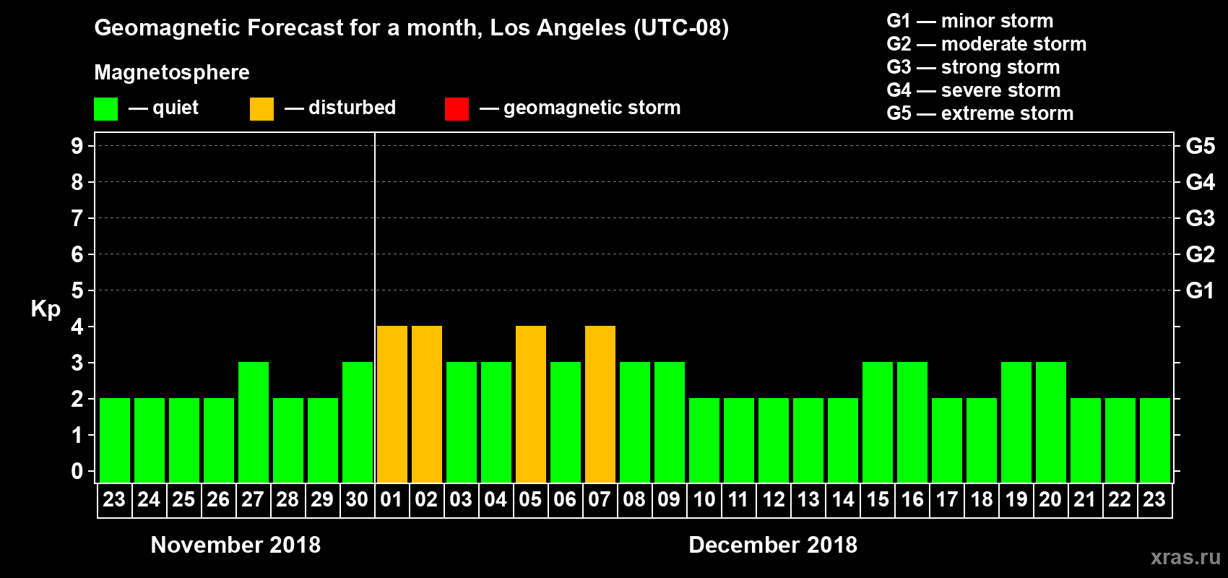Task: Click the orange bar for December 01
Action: pos(392,404)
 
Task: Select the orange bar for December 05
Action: pos(531,404)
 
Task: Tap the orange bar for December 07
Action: pos(600,404)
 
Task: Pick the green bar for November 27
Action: pos(254,422)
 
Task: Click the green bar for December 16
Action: pos(912,422)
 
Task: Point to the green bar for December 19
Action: pos(1016,422)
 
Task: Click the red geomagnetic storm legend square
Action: pos(457,109)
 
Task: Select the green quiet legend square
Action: pos(105,109)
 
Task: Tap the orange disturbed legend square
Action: pos(261,109)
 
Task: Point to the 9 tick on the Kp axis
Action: pos(77,146)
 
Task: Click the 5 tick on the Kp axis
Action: pos(77,290)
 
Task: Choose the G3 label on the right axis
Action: pos(1200,218)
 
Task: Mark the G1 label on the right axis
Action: pos(1200,290)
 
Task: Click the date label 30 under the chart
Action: pos(357,499)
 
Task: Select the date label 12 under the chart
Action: pos(774,499)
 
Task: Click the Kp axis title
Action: pos(46,309)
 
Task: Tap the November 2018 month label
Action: pos(235,545)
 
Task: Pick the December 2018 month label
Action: pos(773,545)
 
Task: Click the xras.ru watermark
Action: pos(1185,557)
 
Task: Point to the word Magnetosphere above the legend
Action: pos(172,72)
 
